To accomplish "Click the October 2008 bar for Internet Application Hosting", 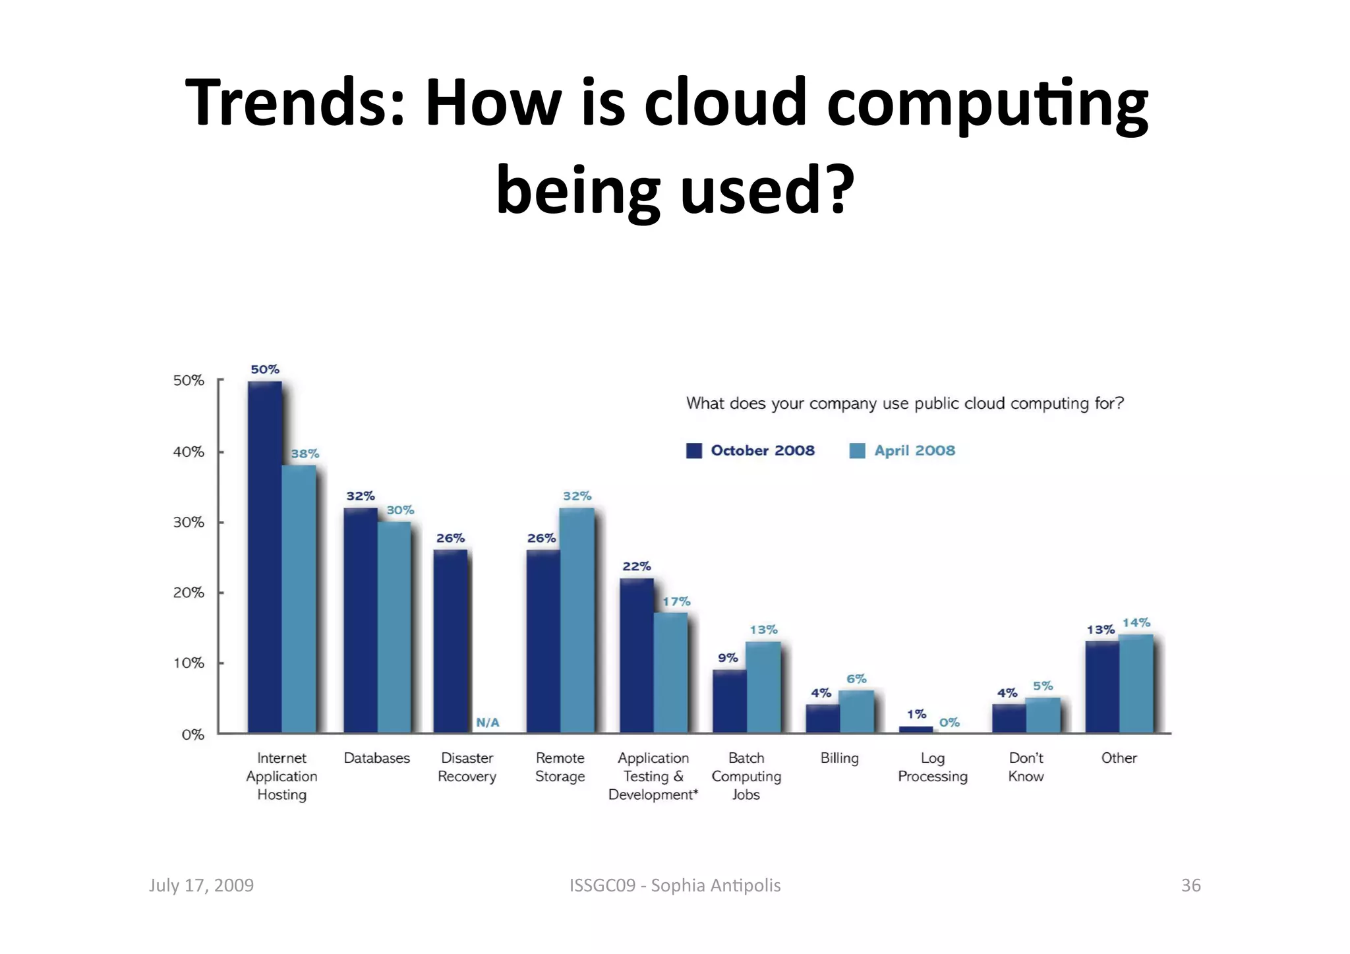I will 264,557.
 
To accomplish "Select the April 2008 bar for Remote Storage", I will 577,620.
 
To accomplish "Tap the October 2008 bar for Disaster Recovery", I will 450,641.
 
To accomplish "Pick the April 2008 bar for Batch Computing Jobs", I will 763,687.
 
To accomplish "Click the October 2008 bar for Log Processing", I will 916,729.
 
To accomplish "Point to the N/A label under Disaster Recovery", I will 488,723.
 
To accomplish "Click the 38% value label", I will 305,454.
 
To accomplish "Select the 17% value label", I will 676,601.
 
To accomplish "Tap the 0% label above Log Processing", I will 949,723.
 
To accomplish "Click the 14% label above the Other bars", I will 1136,622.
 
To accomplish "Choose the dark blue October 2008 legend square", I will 694,450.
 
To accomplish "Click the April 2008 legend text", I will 914,450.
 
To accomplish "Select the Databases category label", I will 376,758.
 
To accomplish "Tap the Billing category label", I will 839,758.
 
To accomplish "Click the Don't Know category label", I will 1026,767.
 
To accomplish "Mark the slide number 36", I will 1190,885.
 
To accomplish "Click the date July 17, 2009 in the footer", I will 201,885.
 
